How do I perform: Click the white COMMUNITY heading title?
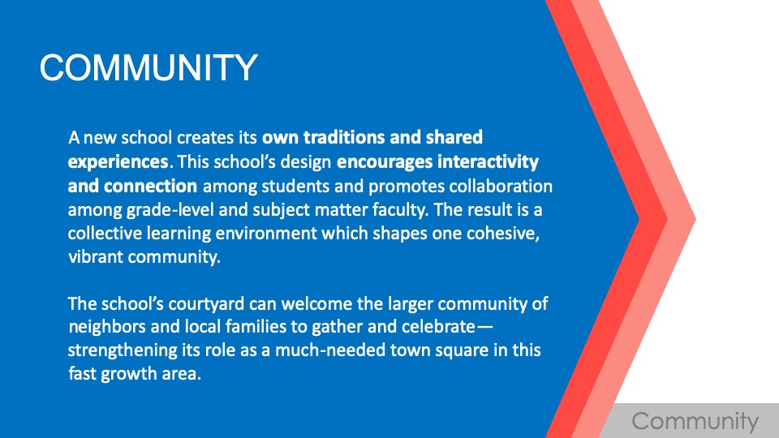point(148,67)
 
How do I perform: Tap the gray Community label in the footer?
point(695,422)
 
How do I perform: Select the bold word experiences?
point(118,162)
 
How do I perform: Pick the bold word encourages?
point(385,162)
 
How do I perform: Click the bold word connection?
point(151,186)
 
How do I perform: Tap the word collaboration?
point(501,186)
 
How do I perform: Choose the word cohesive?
point(503,234)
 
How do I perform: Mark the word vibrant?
point(96,257)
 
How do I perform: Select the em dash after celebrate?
point(484,327)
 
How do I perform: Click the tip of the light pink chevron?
point(695,218)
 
